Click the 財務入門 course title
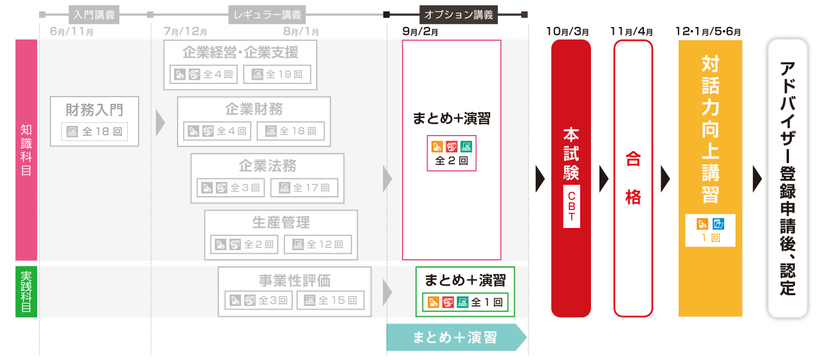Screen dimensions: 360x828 [94, 110]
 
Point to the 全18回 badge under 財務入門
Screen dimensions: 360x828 [95, 131]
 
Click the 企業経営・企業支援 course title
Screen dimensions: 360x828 [240, 53]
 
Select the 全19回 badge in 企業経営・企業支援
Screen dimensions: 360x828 [277, 74]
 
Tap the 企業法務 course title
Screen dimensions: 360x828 [267, 166]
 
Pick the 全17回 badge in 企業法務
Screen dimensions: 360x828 [304, 187]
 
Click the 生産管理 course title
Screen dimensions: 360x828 [281, 222]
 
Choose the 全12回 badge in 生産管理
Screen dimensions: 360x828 [317, 244]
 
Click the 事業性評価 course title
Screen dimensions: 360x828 [295, 280]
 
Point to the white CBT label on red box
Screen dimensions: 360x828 [571, 207]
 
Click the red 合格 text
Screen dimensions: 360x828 [633, 178]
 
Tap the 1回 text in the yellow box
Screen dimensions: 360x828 [710, 238]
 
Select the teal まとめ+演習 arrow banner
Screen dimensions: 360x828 [456, 337]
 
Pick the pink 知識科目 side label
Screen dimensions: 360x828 [26, 150]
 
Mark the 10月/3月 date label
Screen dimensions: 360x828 [567, 31]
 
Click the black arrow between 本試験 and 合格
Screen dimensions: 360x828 [604, 178]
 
